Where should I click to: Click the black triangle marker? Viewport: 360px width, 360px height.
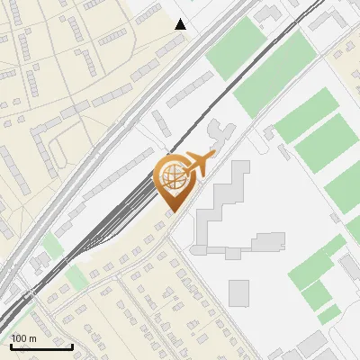tap(181, 24)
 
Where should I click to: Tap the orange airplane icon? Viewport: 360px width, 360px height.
tap(199, 164)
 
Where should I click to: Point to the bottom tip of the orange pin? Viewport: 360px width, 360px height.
tap(171, 213)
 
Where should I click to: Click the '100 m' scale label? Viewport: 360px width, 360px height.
tap(23, 338)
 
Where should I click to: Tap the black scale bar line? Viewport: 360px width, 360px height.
tap(41, 346)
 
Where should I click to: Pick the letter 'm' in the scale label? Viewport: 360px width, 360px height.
tap(32, 338)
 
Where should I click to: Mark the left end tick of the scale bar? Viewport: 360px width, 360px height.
tap(11, 345)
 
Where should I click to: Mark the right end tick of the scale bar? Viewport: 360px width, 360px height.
tap(72, 345)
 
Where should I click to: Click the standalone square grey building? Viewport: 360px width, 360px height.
tap(238, 292)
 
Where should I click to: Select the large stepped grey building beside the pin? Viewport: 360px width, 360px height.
tap(220, 202)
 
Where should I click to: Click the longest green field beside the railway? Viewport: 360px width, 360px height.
tap(274, 76)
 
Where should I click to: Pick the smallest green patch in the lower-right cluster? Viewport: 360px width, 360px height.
tap(329, 313)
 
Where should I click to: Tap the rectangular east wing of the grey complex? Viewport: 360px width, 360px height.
tap(267, 241)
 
